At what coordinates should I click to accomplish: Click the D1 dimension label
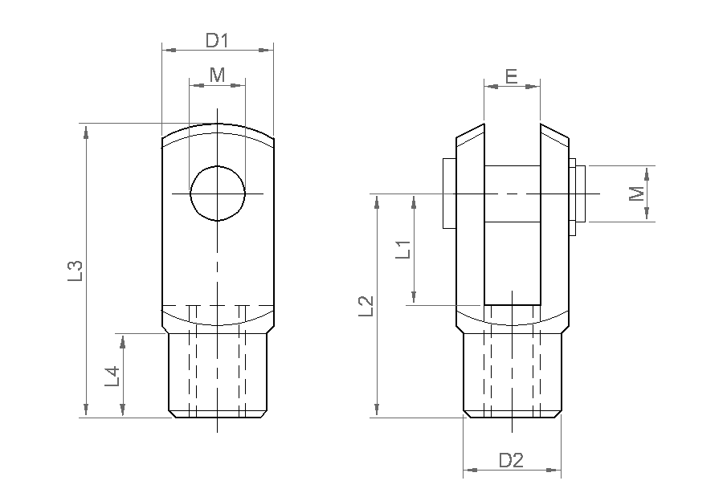pos(217,39)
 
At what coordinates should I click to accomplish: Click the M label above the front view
pos(217,75)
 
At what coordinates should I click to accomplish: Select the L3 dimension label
pos(75,271)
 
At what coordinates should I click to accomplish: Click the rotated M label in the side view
pos(637,194)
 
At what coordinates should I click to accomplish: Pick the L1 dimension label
pos(403,249)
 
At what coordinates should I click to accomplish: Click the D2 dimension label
pos(511,460)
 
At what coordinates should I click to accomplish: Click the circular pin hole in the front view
pos(218,194)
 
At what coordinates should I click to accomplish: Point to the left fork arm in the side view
pos(470,225)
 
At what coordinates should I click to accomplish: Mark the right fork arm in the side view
pos(554,225)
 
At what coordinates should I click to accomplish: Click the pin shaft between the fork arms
pos(512,194)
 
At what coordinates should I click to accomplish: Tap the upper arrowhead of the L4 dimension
pos(122,340)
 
